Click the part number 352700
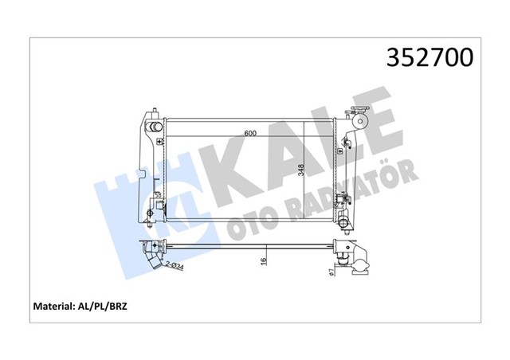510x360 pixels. tap(430, 58)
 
